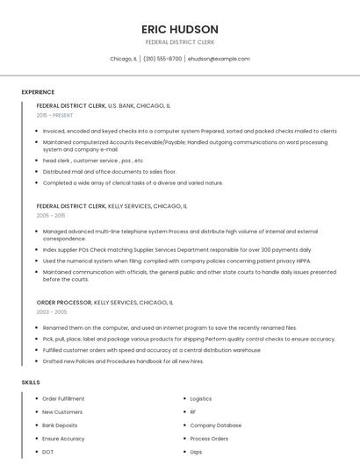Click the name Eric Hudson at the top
tap(180, 28)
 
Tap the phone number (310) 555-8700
tap(162, 59)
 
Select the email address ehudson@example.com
tap(219, 59)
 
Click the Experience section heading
tap(38, 92)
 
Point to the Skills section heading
tap(31, 383)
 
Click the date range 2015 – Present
tap(55, 115)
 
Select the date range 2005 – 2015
tap(51, 215)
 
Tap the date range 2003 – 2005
tap(51, 311)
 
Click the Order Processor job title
tap(64, 302)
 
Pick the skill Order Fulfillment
tap(64, 398)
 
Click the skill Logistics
tap(201, 398)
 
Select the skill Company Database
tap(216, 425)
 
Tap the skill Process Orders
tap(209, 438)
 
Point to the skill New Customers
tap(62, 411)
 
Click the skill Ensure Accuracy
tap(64, 438)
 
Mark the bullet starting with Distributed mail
tap(109, 172)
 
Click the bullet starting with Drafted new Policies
tap(123, 361)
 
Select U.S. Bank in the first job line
tap(121, 105)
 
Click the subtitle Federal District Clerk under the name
tap(180, 42)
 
